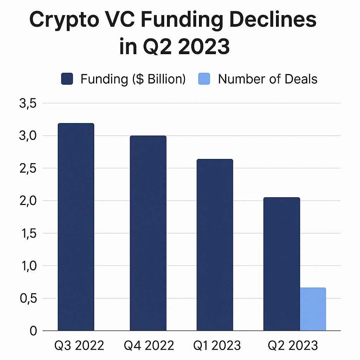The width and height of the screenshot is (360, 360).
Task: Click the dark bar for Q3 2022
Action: pos(76,227)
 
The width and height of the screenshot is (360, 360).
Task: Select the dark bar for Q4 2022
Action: pos(148,233)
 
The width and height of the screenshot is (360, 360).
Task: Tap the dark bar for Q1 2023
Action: pos(215,245)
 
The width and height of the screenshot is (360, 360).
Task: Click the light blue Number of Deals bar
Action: pos(313,309)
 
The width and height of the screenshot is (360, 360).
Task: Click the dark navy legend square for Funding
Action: pos(67,79)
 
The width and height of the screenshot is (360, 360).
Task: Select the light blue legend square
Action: pos(204,79)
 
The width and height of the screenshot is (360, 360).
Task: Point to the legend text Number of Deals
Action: pos(268,79)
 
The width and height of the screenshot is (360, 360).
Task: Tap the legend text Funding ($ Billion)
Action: pos(133,79)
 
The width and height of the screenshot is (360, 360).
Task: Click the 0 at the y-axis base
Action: pos(33,331)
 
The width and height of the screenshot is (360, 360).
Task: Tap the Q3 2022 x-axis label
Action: pos(79,346)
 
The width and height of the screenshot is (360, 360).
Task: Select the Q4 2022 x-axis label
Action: pos(149,346)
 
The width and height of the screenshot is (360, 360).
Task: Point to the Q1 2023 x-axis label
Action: pos(217,346)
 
